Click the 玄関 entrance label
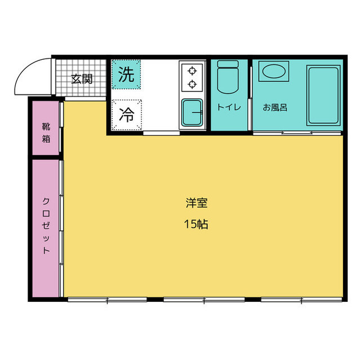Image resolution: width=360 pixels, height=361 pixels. (81, 79)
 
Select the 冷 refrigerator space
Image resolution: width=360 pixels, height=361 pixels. (126, 115)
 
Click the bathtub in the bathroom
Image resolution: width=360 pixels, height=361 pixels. (323, 95)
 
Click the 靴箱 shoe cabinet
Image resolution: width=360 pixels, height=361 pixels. (46, 129)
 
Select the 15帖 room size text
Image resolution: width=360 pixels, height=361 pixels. (195, 224)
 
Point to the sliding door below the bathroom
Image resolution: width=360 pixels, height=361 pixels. (297, 133)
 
